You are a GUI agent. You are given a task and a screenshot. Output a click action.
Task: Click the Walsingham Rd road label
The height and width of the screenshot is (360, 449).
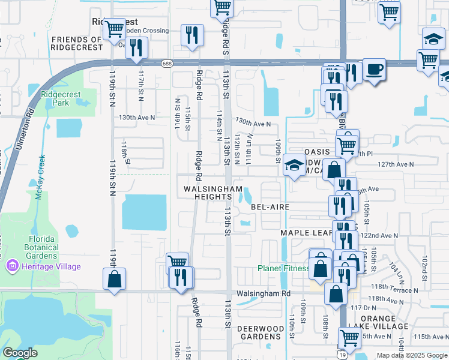[x=263, y=293]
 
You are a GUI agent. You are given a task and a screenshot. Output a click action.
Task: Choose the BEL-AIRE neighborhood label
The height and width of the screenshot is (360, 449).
[x=270, y=206]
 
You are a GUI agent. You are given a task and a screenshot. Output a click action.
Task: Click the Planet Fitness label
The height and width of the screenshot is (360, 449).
[x=283, y=268]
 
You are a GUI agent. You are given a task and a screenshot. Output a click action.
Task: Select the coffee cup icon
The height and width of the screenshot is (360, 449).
[x=374, y=69]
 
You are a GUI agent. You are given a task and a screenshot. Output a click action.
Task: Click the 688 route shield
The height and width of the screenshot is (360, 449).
[x=166, y=63]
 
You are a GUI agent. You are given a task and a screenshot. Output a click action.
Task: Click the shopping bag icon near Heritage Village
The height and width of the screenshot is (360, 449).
[x=114, y=279]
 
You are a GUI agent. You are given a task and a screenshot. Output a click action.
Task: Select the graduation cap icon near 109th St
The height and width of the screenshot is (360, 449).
[x=294, y=164]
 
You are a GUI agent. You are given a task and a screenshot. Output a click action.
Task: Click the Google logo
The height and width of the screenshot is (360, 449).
[x=20, y=353]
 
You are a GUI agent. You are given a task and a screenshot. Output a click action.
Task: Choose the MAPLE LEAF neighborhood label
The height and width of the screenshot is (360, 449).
[x=306, y=232]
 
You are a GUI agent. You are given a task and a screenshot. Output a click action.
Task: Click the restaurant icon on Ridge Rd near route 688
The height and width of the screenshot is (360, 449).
[x=192, y=35]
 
